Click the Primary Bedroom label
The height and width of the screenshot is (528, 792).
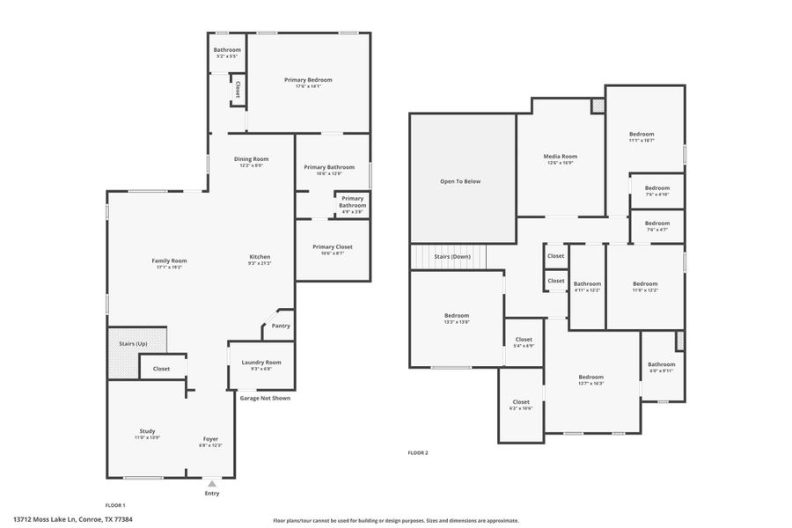click(308, 79)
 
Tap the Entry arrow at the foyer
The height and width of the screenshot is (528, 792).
click(212, 483)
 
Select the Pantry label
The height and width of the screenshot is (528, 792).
click(281, 326)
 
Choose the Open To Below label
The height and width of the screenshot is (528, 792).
click(460, 181)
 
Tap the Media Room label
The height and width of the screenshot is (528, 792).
click(561, 156)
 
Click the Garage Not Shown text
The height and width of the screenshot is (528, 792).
click(265, 398)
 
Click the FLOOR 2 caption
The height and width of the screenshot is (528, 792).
click(417, 452)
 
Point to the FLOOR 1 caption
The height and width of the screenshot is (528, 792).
click(115, 505)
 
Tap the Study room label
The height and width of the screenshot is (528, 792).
click(147, 431)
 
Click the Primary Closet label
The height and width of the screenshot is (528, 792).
click(333, 246)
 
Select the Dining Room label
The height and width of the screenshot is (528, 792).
click(251, 158)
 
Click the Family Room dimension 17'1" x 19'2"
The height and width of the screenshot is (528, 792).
click(169, 267)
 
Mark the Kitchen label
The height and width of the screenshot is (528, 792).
click(260, 256)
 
